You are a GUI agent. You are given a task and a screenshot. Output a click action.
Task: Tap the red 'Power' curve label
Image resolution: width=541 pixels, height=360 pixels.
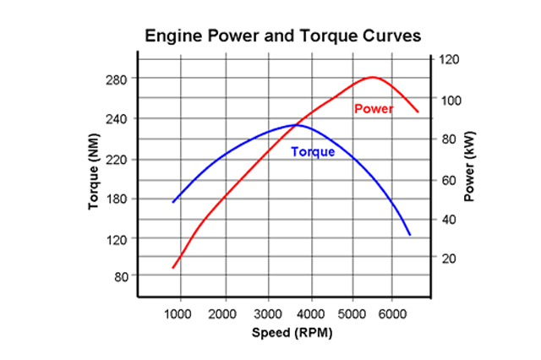pyautogui.click(x=374, y=109)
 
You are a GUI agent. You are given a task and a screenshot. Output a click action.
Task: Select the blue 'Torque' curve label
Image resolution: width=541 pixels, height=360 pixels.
pyautogui.click(x=313, y=152)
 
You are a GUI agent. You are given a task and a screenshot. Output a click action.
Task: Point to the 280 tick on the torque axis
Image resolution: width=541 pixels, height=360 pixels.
pyautogui.click(x=114, y=79)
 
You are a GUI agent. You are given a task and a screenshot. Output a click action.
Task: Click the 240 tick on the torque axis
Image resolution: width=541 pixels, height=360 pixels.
pyautogui.click(x=114, y=119)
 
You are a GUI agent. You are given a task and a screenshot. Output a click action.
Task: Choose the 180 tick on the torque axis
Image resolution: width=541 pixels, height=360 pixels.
pyautogui.click(x=114, y=199)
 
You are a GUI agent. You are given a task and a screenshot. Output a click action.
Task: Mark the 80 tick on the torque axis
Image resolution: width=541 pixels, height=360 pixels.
pyautogui.click(x=117, y=276)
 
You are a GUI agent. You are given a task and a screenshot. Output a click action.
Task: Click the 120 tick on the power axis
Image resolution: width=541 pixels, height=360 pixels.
pyautogui.click(x=448, y=60)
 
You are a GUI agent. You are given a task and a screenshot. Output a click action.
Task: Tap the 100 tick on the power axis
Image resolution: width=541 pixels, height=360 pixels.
pyautogui.click(x=448, y=100)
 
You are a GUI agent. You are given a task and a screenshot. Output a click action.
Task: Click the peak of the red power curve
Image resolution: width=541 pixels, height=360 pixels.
pyautogui.click(x=373, y=77)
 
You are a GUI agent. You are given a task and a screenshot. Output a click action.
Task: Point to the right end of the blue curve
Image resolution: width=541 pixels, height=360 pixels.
pyautogui.click(x=410, y=234)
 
